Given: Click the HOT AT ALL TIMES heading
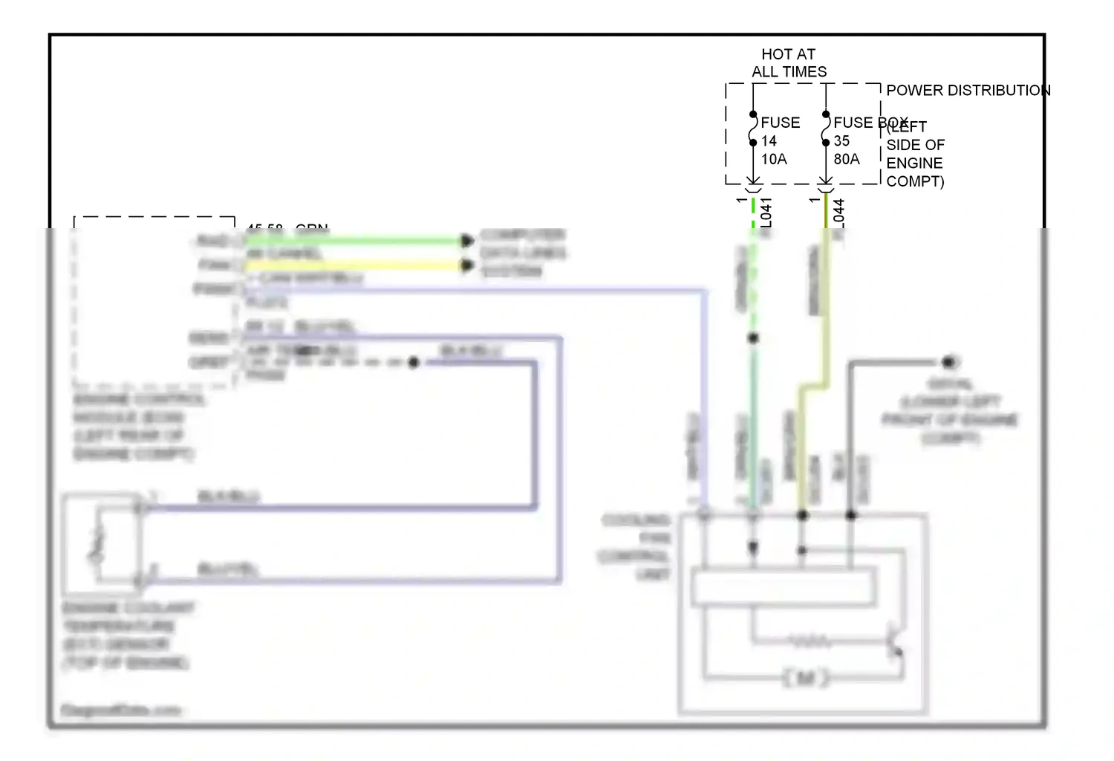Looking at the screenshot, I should tap(789, 63).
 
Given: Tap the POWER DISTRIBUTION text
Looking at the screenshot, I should tap(968, 91).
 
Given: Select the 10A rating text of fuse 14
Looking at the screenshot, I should tap(774, 159).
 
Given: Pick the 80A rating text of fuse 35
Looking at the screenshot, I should tap(847, 159).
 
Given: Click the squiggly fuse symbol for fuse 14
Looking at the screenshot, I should tap(753, 129).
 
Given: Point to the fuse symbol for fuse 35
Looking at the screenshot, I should tap(826, 129).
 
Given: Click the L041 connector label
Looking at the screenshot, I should tap(766, 213).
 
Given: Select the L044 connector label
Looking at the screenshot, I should tap(839, 213).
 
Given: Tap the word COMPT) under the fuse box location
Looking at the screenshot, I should tap(915, 181).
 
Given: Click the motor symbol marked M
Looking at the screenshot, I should tap(805, 678).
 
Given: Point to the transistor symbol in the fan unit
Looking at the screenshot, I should tap(895, 643).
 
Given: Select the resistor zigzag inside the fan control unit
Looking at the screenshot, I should tap(810, 640).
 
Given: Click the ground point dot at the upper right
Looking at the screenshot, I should tap(948, 362).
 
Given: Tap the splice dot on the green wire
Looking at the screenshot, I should tap(753, 338).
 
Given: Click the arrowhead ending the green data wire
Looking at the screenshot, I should tap(466, 241).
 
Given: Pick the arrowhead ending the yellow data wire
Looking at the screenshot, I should tap(466, 265).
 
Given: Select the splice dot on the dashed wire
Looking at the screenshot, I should tap(414, 363).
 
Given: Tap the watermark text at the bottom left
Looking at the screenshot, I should tap(120, 710).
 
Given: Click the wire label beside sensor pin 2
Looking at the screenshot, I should tap(227, 570).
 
